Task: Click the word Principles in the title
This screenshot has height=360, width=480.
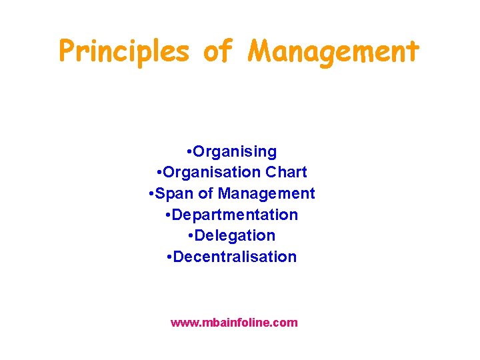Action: [x=124, y=51]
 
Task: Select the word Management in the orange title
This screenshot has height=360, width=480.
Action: [x=333, y=51]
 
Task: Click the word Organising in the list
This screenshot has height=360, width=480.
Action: [x=235, y=151]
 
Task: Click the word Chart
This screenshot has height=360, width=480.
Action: [x=286, y=172]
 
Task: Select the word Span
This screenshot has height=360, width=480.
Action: [x=175, y=193]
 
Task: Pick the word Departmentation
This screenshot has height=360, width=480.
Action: [x=235, y=215]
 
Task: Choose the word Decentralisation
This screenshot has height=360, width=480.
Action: [x=235, y=257]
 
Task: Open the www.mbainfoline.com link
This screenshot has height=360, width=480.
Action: [x=234, y=323]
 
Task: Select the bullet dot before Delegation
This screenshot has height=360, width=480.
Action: [x=191, y=236]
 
